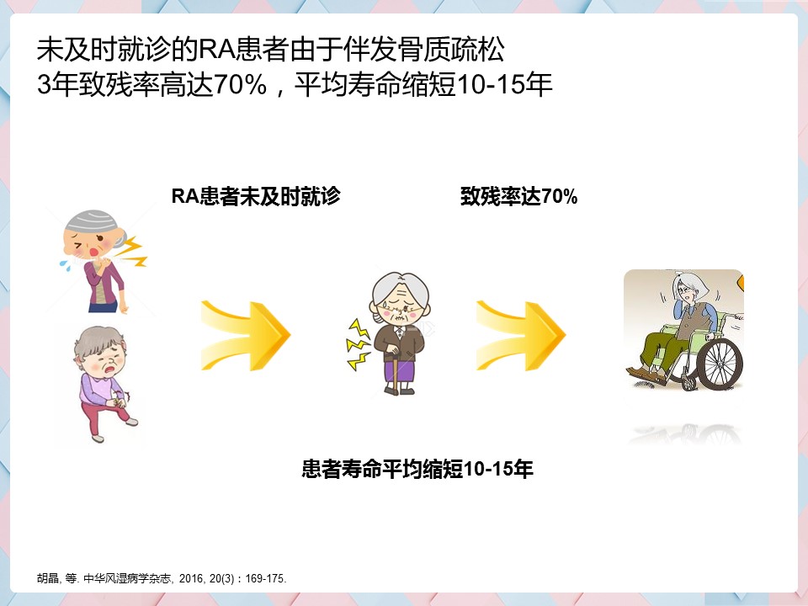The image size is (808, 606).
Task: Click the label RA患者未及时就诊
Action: (x=256, y=196)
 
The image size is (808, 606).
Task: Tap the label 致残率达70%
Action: (x=519, y=196)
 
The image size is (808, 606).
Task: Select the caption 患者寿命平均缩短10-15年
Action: (x=417, y=469)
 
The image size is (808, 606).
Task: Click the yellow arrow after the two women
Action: (x=246, y=336)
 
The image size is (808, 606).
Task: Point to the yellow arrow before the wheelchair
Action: (x=521, y=336)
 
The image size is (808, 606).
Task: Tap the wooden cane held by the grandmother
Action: (x=396, y=373)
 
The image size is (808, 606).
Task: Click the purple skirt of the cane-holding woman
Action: (x=399, y=370)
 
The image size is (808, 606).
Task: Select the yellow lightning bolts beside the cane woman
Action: (x=359, y=344)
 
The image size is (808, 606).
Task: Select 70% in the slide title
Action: (x=240, y=84)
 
